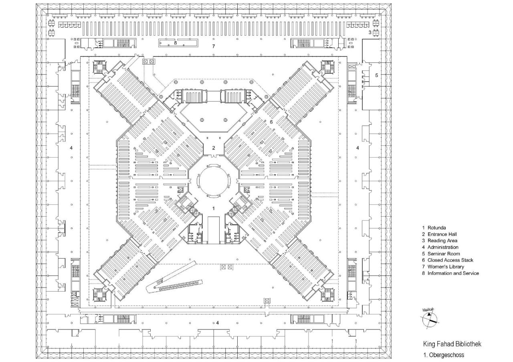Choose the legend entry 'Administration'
(442, 247)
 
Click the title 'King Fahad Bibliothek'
(452, 344)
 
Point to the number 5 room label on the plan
(376, 75)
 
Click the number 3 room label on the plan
(370, 32)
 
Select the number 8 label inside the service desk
(175, 43)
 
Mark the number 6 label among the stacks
(271, 122)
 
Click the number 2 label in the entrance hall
(214, 148)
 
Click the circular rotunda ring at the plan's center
(214, 181)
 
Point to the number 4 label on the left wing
(71, 148)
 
